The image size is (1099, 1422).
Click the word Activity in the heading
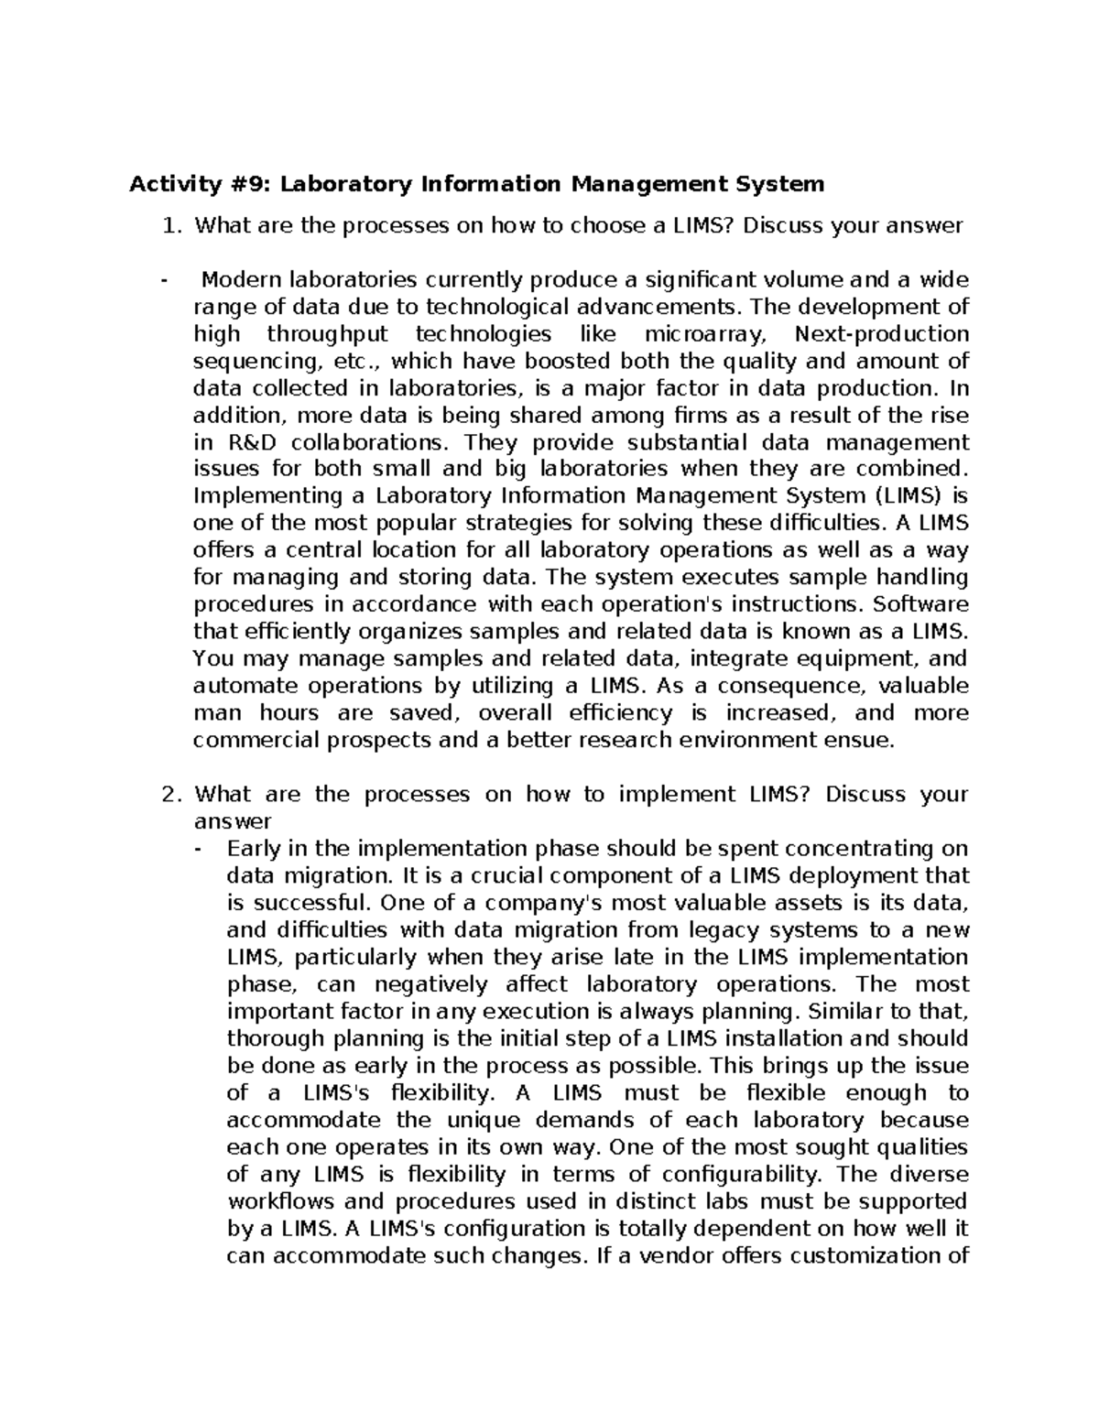[168, 185]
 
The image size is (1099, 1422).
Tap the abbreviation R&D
[245, 442]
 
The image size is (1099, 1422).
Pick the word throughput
[328, 334]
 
